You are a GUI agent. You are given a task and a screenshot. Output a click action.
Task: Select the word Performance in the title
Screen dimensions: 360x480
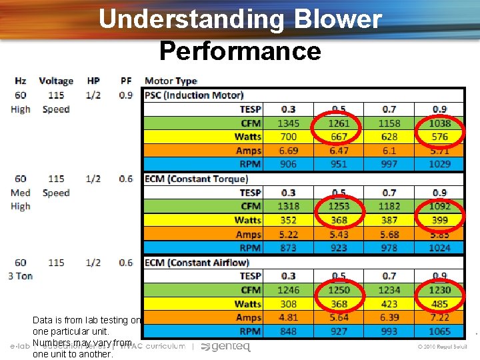[240, 50]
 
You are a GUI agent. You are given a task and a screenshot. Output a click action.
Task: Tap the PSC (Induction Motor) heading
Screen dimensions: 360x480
[194, 95]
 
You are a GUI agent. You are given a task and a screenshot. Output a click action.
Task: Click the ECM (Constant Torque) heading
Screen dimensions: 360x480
[196, 179]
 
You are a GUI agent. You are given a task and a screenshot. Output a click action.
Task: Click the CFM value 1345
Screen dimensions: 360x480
[289, 123]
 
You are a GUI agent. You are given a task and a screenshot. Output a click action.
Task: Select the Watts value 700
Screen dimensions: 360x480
[289, 137]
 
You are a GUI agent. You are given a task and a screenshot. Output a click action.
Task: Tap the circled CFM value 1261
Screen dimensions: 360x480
[339, 123]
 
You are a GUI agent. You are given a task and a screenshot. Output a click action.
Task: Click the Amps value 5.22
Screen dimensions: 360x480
[289, 234]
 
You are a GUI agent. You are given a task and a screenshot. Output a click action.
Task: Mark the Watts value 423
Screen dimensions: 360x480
[389, 304]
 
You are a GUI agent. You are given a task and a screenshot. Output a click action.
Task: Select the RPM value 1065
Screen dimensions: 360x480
[439, 331]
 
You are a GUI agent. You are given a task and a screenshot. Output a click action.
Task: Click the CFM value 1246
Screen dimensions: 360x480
[289, 290]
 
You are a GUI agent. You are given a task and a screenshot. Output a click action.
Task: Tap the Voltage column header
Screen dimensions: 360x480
[56, 81]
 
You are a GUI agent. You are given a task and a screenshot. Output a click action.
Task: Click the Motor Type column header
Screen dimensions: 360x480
[171, 81]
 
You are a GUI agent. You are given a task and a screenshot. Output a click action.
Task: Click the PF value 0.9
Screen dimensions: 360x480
[126, 95]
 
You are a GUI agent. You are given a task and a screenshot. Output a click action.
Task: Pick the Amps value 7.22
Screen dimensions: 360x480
[439, 317]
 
